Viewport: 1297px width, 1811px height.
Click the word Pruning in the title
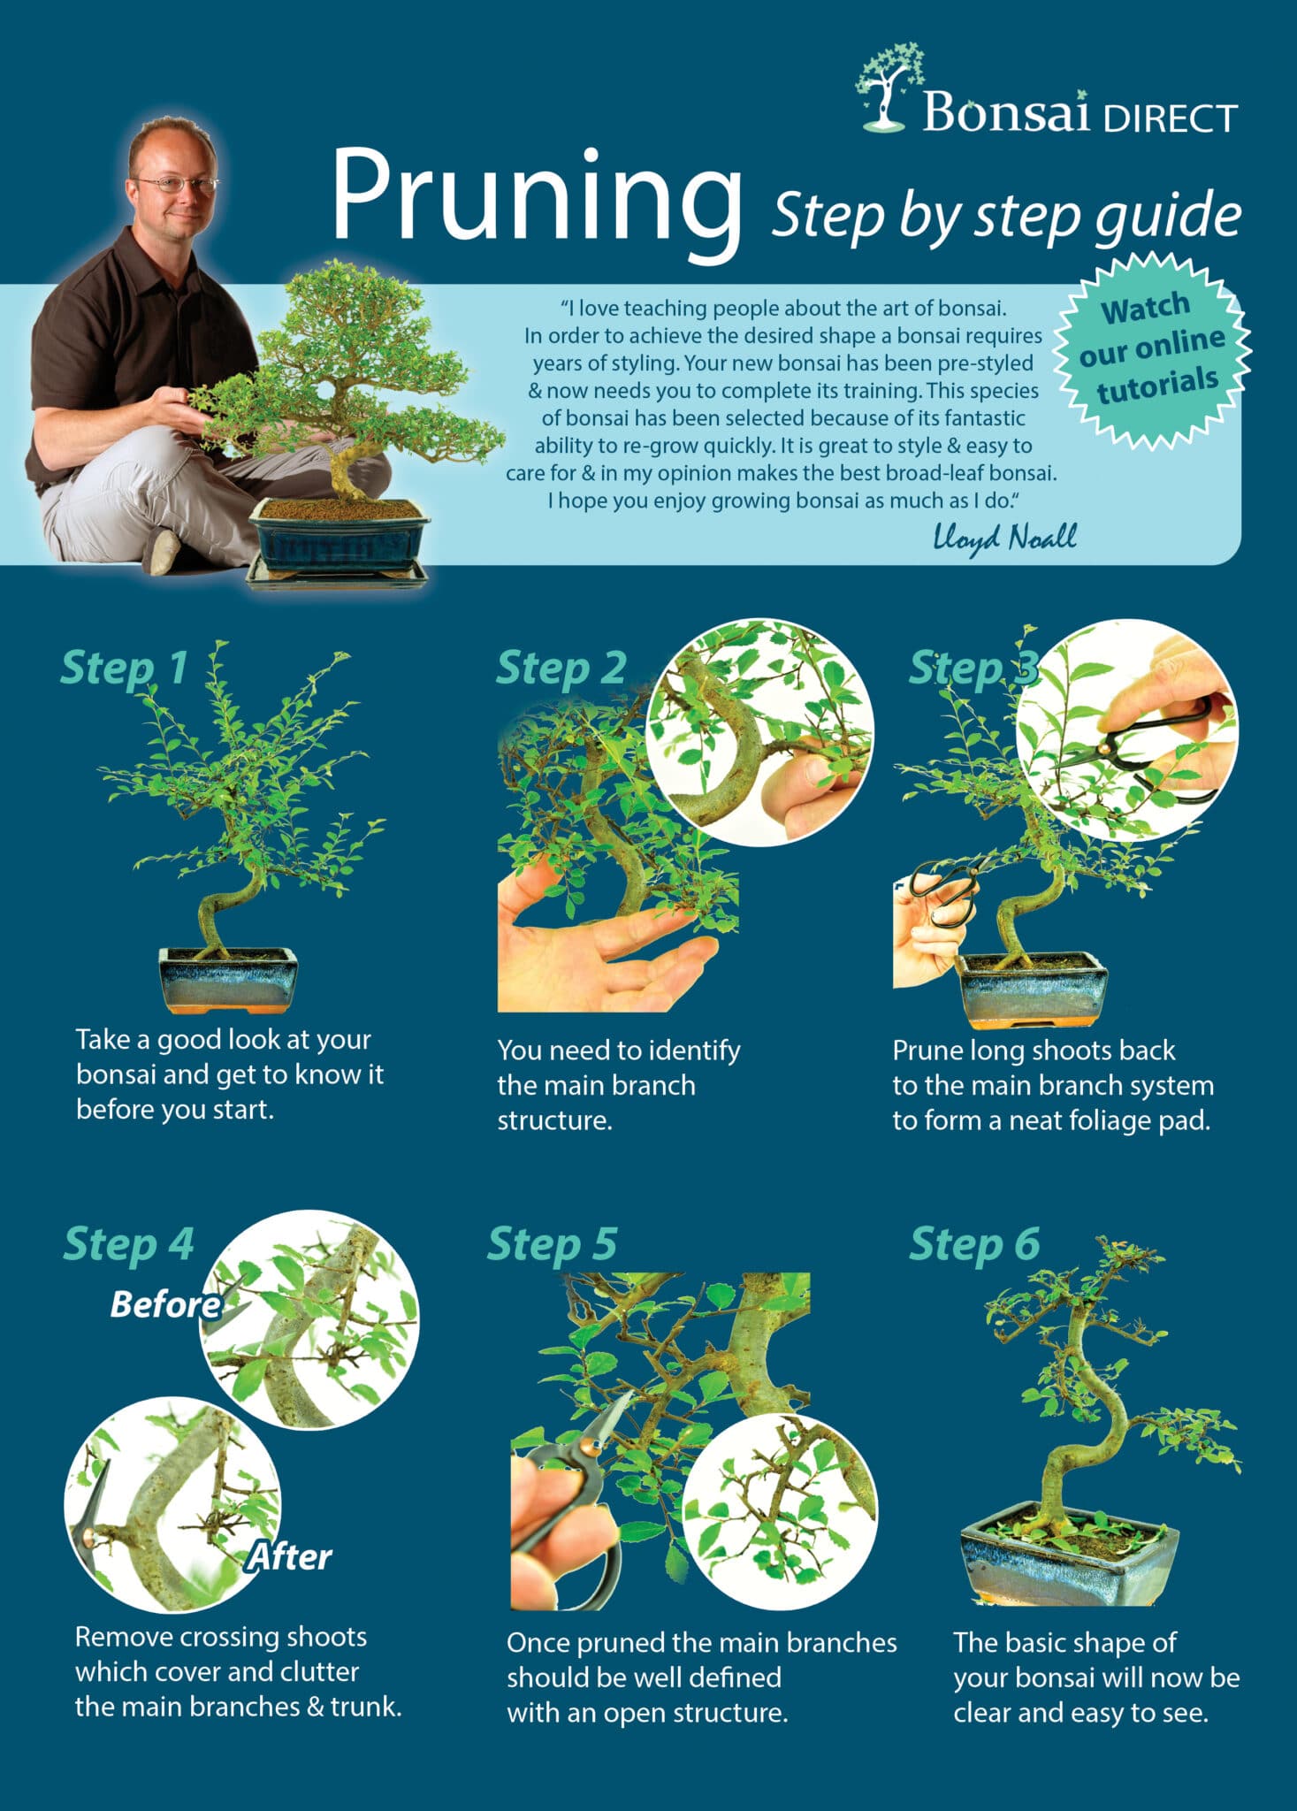pos(535,196)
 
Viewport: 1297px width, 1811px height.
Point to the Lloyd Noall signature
pos(1004,537)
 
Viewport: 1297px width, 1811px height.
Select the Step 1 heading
pos(124,668)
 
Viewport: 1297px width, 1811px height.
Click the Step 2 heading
pos(561,668)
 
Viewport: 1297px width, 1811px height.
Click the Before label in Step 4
pos(165,1305)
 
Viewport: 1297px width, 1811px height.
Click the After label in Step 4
pos(290,1555)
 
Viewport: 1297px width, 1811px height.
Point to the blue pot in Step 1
pos(228,978)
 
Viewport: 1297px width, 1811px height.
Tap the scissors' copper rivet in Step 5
pos(586,1448)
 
